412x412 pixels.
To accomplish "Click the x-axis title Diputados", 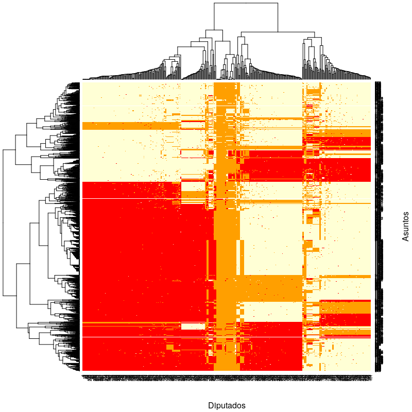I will click(x=227, y=405).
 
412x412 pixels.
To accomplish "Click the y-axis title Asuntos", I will click(x=405, y=226).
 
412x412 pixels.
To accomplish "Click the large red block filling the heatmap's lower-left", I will click(x=139, y=257).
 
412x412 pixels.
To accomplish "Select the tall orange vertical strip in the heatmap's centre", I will click(x=227, y=232).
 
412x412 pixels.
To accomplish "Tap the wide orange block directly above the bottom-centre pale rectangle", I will click(x=270, y=288).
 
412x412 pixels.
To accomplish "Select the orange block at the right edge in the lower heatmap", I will click(x=345, y=307).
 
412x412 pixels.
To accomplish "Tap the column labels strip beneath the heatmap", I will click(x=227, y=379).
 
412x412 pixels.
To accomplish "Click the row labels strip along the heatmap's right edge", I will click(x=378, y=227).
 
